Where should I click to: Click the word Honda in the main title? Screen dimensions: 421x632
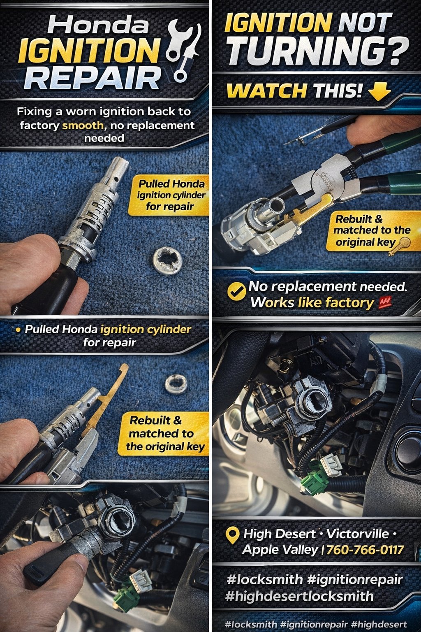coord(98,25)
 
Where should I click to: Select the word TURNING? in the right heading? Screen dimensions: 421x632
coord(318,51)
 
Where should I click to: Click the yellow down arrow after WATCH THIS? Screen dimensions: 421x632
coord(379,91)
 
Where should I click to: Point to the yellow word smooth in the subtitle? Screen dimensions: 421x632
coord(83,125)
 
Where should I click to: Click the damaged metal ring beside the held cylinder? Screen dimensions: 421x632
coord(167,260)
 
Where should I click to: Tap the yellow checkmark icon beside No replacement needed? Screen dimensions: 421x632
coord(236,291)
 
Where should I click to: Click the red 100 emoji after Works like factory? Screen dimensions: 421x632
coord(384,302)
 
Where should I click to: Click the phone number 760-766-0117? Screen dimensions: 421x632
coord(365,550)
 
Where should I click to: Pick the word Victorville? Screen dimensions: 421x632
coord(358,534)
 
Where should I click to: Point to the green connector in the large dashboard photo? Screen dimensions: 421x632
coord(311,484)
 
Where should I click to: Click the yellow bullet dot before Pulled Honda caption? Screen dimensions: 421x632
coord(18,329)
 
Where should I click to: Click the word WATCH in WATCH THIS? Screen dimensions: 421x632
coord(267,91)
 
